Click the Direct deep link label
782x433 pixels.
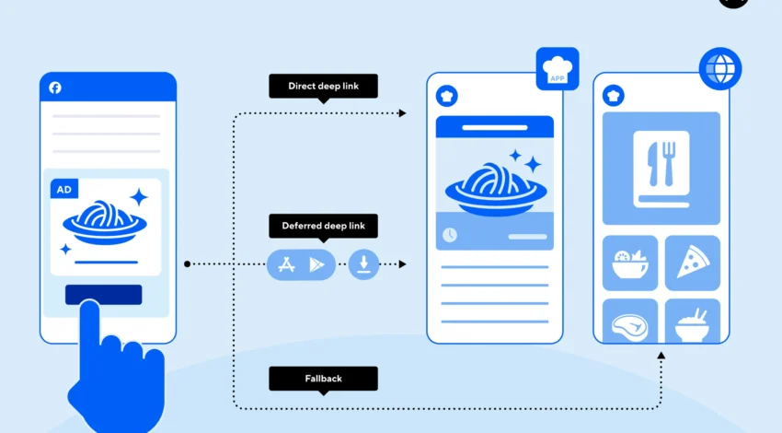(x=323, y=86)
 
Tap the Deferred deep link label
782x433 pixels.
(x=323, y=226)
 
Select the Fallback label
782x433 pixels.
(x=323, y=378)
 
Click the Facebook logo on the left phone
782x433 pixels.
(x=55, y=88)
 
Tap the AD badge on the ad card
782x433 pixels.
(x=64, y=189)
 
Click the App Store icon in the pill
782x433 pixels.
(x=285, y=265)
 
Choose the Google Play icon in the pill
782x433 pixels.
(x=317, y=265)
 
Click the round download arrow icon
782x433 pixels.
(x=363, y=265)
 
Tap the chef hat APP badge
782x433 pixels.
(x=557, y=69)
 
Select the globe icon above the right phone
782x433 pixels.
(x=719, y=69)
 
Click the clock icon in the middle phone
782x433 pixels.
(x=449, y=235)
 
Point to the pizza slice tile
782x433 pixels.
(x=692, y=263)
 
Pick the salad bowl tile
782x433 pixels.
(x=630, y=263)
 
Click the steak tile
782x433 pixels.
(x=630, y=322)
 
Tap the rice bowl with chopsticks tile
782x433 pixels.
(x=692, y=322)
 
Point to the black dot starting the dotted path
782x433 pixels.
(x=187, y=264)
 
